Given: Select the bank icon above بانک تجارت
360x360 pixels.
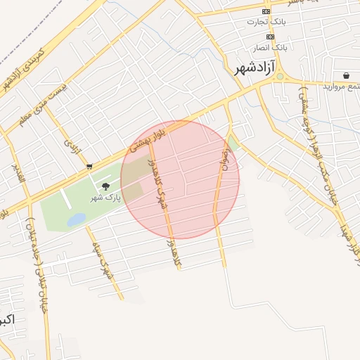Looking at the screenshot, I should (x=266, y=11).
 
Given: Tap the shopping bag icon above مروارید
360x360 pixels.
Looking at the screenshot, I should (x=347, y=75).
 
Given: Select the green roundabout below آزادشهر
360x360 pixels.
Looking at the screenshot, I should (x=279, y=77).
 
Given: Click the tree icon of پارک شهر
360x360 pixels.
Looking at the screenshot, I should (x=105, y=186).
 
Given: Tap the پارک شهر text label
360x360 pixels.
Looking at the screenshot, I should (x=105, y=198).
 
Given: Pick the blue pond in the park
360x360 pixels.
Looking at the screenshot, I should (x=76, y=220).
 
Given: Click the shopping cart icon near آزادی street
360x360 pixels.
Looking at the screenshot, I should (x=89, y=167).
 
